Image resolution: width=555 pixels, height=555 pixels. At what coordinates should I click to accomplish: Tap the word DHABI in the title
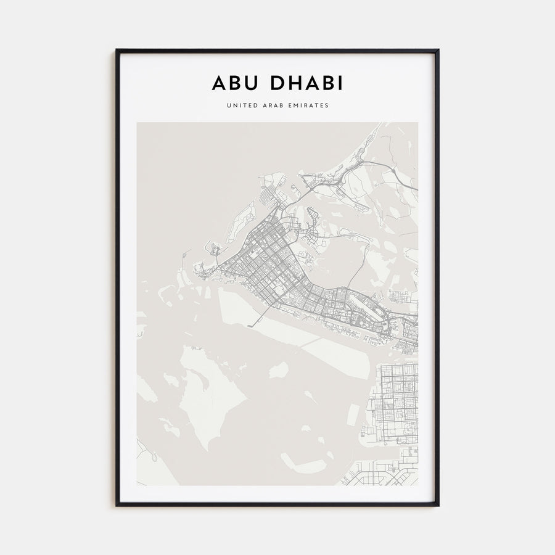[x=305, y=83]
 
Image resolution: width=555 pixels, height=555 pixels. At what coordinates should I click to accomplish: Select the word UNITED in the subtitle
[x=241, y=105]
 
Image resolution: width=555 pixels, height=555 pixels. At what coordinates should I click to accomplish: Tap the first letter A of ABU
[x=219, y=83]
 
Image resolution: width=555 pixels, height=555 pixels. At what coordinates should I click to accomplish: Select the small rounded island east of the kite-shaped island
[x=279, y=370]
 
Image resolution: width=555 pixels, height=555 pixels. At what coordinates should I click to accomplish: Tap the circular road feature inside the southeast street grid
[x=407, y=427]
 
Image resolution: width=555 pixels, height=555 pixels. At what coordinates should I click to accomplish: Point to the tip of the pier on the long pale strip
[x=249, y=324]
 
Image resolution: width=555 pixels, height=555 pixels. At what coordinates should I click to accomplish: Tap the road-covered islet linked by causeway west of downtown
[x=214, y=250]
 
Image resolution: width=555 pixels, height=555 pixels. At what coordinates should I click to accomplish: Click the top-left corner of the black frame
[x=117, y=51]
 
